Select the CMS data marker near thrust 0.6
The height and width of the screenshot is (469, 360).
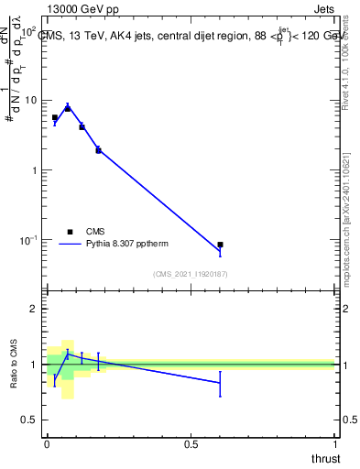(x=220, y=245)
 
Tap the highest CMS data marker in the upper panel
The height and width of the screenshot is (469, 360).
(x=68, y=108)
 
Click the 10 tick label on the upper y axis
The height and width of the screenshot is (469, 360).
(x=31, y=100)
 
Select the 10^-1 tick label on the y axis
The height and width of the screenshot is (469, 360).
(x=30, y=240)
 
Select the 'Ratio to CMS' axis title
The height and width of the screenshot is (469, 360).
(x=15, y=364)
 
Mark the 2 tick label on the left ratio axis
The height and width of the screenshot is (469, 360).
(x=34, y=310)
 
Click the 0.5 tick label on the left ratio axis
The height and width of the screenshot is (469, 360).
(x=29, y=420)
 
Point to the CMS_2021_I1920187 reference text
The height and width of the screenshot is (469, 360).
(x=190, y=273)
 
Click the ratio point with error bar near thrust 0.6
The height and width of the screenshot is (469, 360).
(x=220, y=382)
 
